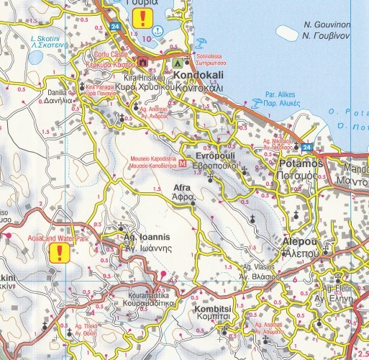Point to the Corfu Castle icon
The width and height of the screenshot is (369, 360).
pyautogui.click(x=142, y=62)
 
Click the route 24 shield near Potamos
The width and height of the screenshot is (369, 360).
pyautogui.click(x=307, y=148)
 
